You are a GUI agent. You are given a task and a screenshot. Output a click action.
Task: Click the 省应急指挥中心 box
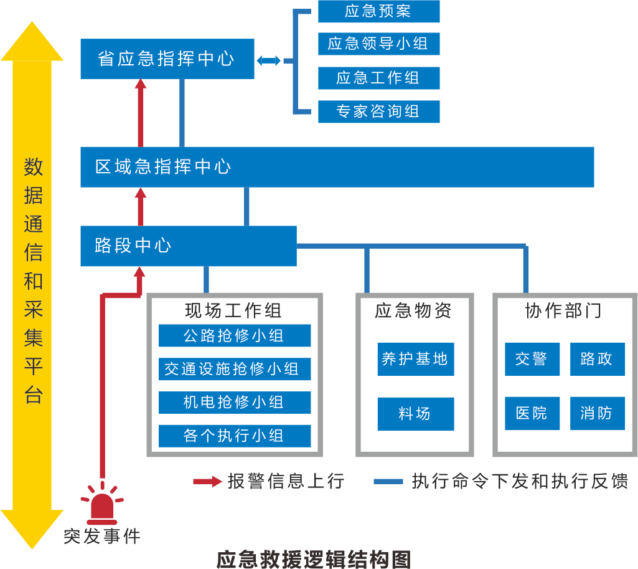167,59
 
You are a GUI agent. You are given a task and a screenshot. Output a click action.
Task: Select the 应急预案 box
378,11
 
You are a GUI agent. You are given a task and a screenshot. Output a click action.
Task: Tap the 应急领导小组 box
378,44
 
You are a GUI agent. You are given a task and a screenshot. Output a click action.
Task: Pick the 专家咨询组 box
378,112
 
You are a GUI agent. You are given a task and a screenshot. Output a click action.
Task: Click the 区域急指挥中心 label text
163,167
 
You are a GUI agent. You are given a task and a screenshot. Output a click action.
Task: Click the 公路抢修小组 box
235,336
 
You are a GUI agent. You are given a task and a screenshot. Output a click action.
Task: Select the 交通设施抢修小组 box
235,369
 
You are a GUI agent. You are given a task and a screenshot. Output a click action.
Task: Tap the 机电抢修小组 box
235,403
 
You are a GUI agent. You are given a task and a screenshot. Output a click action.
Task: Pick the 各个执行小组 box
235,436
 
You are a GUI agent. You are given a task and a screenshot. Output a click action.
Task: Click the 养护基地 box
415,359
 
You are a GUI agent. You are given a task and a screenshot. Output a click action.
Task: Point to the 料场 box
415,414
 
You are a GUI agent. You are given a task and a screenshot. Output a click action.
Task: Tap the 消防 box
597,414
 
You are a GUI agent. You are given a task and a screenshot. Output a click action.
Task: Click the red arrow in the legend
207,481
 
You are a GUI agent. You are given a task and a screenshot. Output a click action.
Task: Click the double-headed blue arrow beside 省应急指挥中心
268,60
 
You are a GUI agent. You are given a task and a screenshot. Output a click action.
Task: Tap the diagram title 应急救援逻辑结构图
314,559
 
